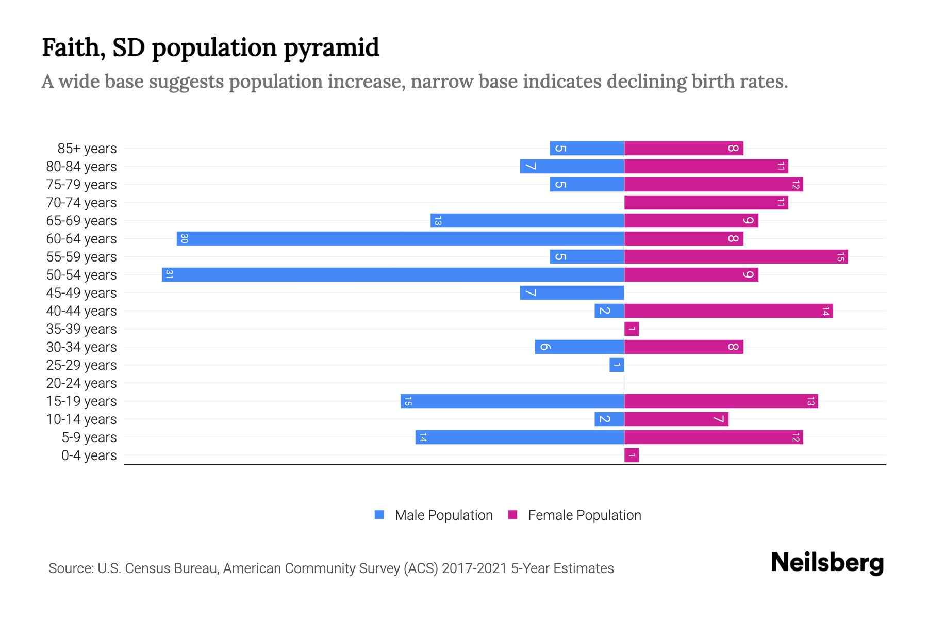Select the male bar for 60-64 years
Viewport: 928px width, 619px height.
click(x=400, y=238)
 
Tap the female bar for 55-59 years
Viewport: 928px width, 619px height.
click(x=736, y=256)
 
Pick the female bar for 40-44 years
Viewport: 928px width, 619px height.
click(x=728, y=311)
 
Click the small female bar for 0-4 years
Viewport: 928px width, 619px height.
click(x=632, y=455)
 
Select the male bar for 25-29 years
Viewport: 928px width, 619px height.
click(x=617, y=365)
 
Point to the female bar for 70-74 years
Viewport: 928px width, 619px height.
click(x=706, y=202)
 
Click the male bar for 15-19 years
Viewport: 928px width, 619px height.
click(x=512, y=401)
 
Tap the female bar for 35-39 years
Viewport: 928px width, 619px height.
click(x=632, y=329)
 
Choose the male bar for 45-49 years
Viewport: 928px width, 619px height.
click(x=572, y=292)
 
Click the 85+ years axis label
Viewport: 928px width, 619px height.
click(x=87, y=149)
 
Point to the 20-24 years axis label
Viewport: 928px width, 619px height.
click(x=81, y=383)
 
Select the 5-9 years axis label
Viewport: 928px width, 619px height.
click(x=89, y=437)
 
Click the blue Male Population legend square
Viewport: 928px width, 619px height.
click(x=379, y=515)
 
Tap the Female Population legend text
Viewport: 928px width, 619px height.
click(x=584, y=515)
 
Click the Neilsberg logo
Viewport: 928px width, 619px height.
click(x=827, y=563)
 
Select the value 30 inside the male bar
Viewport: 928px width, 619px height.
click(x=184, y=238)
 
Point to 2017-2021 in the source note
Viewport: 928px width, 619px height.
click(x=474, y=568)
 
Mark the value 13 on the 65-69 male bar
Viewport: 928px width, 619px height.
click(x=438, y=221)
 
